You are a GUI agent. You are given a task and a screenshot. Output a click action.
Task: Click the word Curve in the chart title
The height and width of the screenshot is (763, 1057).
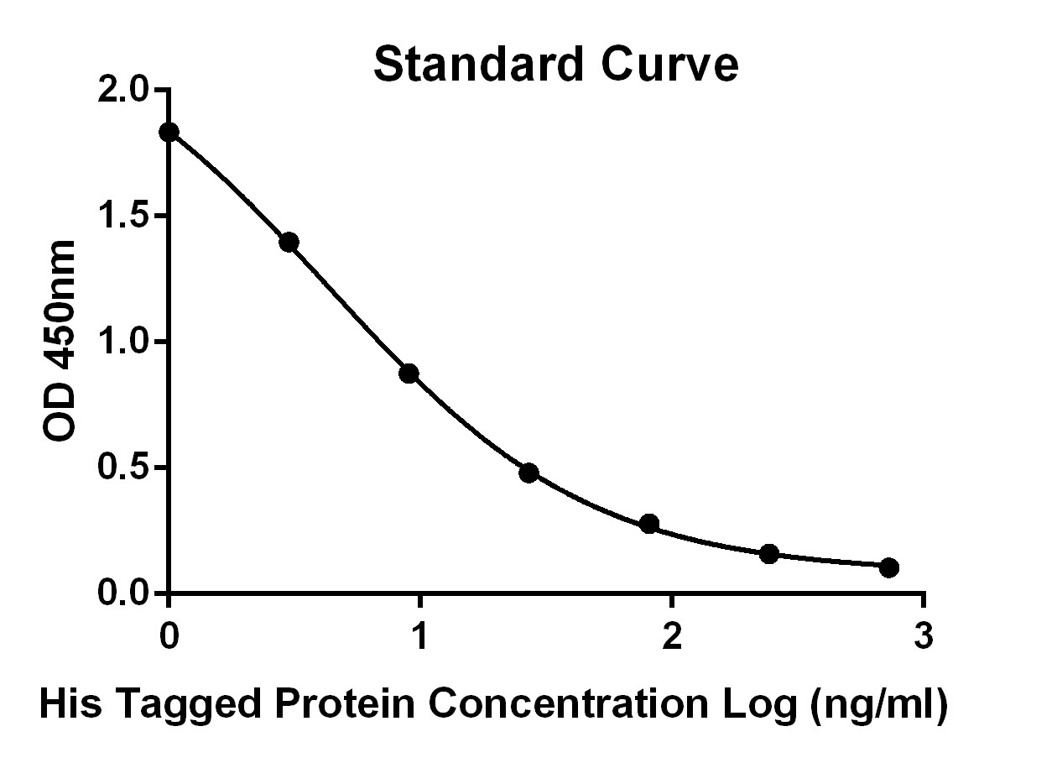click(669, 65)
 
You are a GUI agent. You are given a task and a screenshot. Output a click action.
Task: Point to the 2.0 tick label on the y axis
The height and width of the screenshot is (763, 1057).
click(122, 89)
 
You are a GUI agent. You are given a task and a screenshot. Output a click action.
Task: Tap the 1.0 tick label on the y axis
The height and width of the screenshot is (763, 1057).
click(122, 342)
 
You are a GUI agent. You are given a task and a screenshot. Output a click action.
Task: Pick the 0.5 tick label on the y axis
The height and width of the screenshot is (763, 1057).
click(122, 467)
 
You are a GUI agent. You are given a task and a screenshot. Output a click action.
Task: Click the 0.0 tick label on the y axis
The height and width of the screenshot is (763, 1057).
click(122, 593)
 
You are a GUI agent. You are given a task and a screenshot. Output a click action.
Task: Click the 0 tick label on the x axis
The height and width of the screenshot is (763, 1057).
click(169, 635)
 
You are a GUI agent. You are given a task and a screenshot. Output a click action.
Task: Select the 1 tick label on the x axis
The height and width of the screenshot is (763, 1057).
click(420, 635)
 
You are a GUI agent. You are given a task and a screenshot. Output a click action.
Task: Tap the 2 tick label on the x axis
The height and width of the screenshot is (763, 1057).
click(673, 635)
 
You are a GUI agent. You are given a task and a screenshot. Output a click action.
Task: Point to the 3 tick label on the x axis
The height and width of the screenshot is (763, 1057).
click(924, 635)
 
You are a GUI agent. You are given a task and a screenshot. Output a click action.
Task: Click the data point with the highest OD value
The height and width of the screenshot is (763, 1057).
click(169, 133)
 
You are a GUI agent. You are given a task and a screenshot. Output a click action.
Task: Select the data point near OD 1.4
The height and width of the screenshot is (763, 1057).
click(289, 243)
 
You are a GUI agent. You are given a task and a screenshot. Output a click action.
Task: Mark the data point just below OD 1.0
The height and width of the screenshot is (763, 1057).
click(409, 374)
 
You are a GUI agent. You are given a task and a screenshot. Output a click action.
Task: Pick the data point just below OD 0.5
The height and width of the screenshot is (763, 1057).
click(529, 473)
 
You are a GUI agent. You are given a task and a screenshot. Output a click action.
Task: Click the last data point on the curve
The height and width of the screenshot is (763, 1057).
click(889, 567)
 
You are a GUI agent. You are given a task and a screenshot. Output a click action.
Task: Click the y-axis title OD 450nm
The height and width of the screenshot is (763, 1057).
click(59, 341)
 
